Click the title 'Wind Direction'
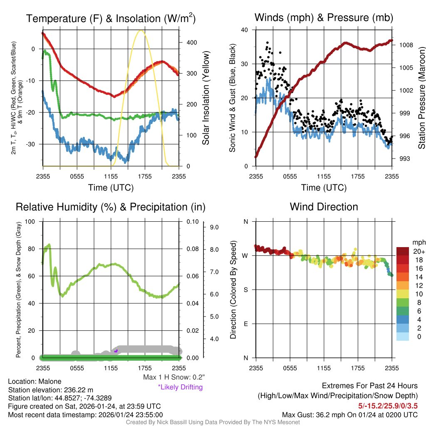(x=324, y=207)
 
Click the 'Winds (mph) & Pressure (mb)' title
(x=324, y=17)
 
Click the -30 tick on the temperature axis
(x=35, y=144)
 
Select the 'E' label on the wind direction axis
(x=245, y=324)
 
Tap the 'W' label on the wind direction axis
(x=245, y=255)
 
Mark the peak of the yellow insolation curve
(x=141, y=30)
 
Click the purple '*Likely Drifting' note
(x=180, y=387)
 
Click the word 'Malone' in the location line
(x=50, y=381)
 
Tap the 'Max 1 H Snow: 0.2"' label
(x=173, y=377)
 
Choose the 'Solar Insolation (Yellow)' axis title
(x=206, y=98)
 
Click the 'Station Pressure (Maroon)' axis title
(x=421, y=98)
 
